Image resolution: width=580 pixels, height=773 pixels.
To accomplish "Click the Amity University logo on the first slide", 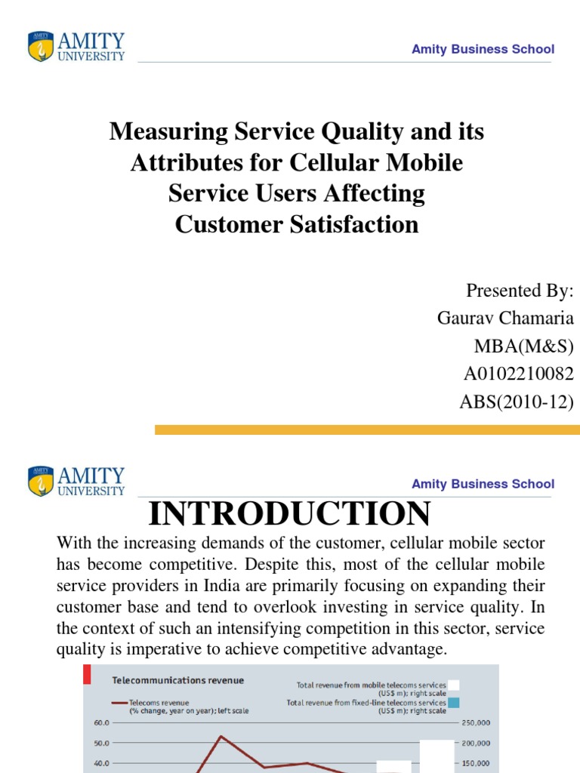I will tap(76, 47).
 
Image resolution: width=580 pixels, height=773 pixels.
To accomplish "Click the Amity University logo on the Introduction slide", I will tap(76, 482).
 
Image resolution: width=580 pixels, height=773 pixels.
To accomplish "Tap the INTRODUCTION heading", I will tap(289, 514).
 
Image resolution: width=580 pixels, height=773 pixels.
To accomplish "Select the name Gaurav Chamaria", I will tap(505, 318).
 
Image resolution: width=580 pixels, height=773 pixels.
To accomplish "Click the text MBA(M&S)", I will tap(523, 346).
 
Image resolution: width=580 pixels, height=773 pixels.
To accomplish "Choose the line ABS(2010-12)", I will tap(517, 402).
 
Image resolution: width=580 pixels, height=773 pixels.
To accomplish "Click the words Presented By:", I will tap(520, 291).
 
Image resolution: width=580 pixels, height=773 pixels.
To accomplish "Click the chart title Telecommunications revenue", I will tap(178, 680).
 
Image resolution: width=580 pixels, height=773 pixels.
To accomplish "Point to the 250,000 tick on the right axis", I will tap(475, 722).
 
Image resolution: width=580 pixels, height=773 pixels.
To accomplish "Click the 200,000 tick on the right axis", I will tap(475, 743).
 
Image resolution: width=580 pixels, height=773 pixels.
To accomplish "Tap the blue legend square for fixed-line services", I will tap(453, 702).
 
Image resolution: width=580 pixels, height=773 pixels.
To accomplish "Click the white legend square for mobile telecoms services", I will tap(453, 685).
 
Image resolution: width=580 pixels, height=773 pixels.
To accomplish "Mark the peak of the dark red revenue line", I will tap(220, 736).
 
